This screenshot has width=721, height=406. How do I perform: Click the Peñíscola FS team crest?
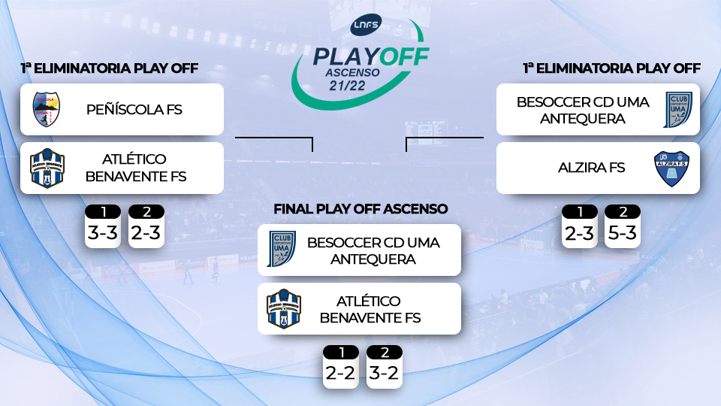click(x=46, y=109)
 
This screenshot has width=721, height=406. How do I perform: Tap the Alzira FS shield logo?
click(x=671, y=168)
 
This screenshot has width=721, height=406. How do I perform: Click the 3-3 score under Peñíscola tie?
click(x=103, y=232)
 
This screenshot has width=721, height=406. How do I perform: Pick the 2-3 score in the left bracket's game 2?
click(x=146, y=232)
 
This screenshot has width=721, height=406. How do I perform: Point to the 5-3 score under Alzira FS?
click(x=622, y=233)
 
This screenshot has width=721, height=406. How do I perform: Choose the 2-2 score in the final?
click(x=340, y=373)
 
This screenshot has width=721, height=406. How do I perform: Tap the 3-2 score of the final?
click(x=384, y=373)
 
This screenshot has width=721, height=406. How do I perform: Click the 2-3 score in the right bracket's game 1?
click(x=579, y=233)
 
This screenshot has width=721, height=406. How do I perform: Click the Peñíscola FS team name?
click(x=134, y=110)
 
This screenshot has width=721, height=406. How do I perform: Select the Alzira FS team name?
click(x=591, y=168)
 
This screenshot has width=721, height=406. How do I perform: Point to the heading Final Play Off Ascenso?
click(x=360, y=209)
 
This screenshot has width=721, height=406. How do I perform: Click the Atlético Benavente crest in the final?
click(x=284, y=309)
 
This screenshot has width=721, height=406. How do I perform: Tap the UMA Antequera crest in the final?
click(x=282, y=249)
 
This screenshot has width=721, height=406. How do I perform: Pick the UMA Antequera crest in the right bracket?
click(x=677, y=110)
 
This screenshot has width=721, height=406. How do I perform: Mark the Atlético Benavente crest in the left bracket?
click(x=47, y=168)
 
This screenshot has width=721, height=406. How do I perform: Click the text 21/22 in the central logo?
click(x=347, y=86)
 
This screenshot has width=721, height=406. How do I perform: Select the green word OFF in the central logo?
click(x=404, y=56)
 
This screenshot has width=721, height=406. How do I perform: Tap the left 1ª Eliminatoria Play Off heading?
click(x=110, y=68)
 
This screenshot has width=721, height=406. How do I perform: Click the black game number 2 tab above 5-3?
click(x=623, y=212)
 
